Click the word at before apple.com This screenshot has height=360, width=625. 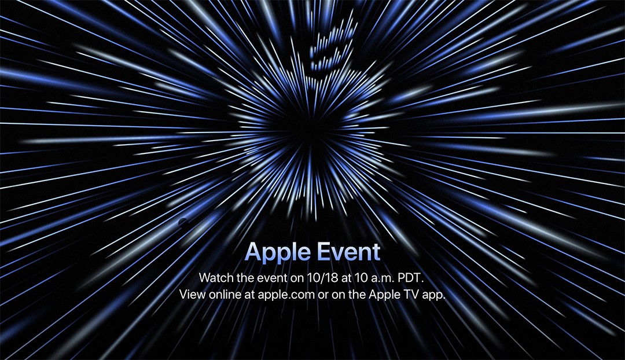[249, 295]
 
